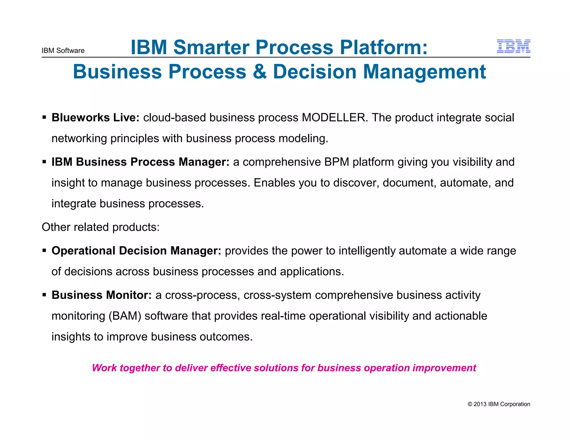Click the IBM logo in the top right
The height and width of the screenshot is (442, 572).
pyautogui.click(x=513, y=46)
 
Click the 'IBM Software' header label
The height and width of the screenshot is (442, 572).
pyautogui.click(x=63, y=51)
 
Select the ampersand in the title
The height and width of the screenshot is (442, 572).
pyautogui.click(x=260, y=72)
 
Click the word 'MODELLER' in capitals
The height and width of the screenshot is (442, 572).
pyautogui.click(x=333, y=118)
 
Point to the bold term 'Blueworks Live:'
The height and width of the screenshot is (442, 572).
pyautogui.click(x=96, y=118)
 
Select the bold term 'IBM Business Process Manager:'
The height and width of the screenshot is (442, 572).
pyautogui.click(x=140, y=162)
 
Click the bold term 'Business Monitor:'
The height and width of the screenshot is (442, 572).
pyautogui.click(x=102, y=295)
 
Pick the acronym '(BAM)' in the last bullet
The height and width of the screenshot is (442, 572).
pyautogui.click(x=125, y=316)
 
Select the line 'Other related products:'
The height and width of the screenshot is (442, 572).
pyautogui.click(x=101, y=227)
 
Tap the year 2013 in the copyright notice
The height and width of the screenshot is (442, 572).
pyautogui.click(x=480, y=404)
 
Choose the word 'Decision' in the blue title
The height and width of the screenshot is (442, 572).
pyautogui.click(x=314, y=72)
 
